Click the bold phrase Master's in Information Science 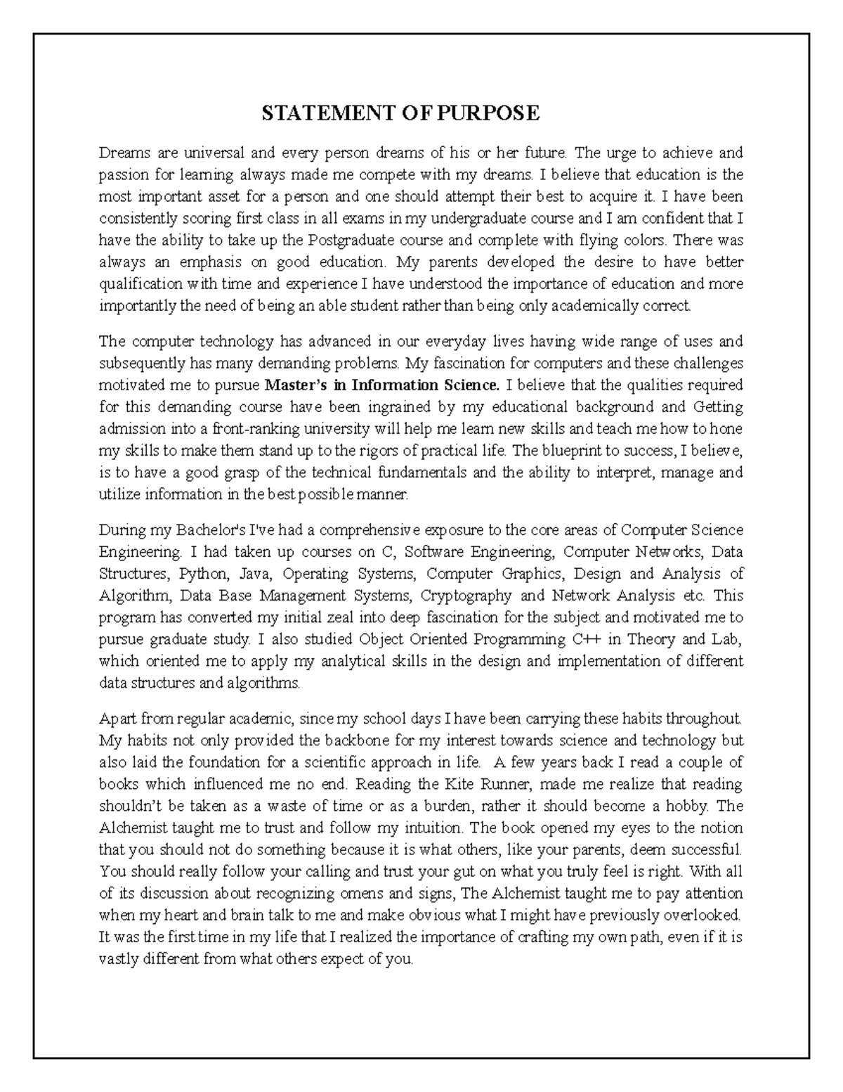[x=383, y=385]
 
